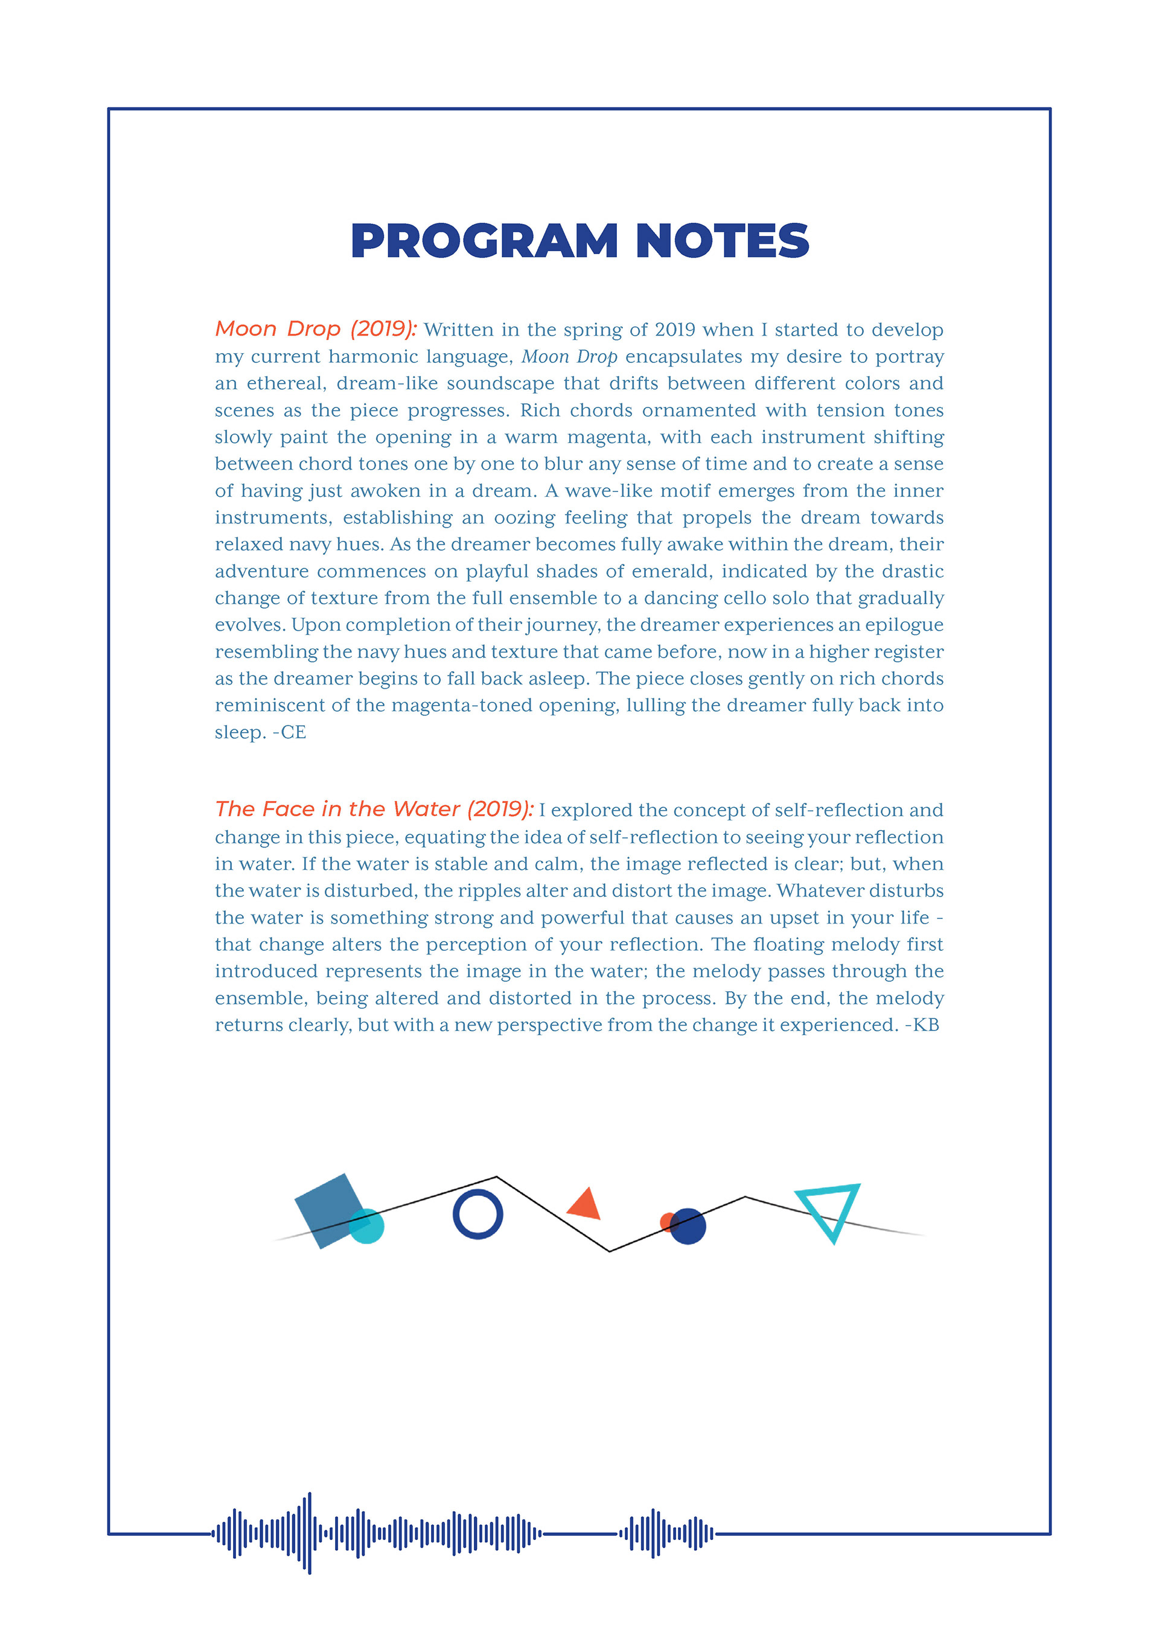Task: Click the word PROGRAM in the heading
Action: click(x=484, y=241)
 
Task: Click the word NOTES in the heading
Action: click(x=722, y=241)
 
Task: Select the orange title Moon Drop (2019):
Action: click(x=315, y=329)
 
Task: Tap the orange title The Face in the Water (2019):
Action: click(x=374, y=809)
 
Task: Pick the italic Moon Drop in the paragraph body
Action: click(x=569, y=356)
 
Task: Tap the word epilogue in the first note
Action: click(x=904, y=625)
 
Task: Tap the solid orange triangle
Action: click(x=586, y=1204)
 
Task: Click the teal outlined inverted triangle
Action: click(x=830, y=1209)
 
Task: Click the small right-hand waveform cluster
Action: click(x=666, y=1533)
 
